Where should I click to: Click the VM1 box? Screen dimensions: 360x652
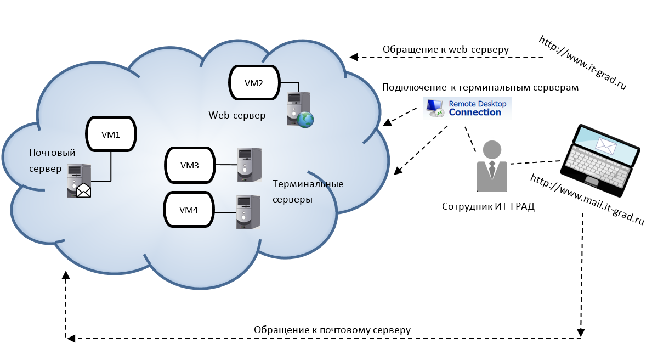click(x=111, y=133)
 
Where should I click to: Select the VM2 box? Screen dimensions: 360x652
click(x=254, y=83)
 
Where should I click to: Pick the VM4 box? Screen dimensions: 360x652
click(x=188, y=209)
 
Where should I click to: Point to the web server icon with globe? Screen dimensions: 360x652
click(x=299, y=110)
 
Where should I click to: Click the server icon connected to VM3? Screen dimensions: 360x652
click(x=248, y=164)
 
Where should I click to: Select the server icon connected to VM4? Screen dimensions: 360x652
click(x=247, y=212)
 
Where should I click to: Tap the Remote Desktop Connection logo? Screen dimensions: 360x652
click(x=467, y=108)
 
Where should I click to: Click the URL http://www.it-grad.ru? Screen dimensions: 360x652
click(x=582, y=63)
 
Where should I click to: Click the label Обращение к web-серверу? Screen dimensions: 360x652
click(x=445, y=49)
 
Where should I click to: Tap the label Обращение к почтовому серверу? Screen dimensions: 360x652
click(x=332, y=330)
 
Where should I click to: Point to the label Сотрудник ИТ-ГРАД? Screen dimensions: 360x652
click(x=487, y=207)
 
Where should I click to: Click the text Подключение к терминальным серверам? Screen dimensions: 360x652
click(x=480, y=87)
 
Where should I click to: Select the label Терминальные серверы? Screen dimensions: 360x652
click(x=308, y=192)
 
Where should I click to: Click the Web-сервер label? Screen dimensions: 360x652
click(x=236, y=115)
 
